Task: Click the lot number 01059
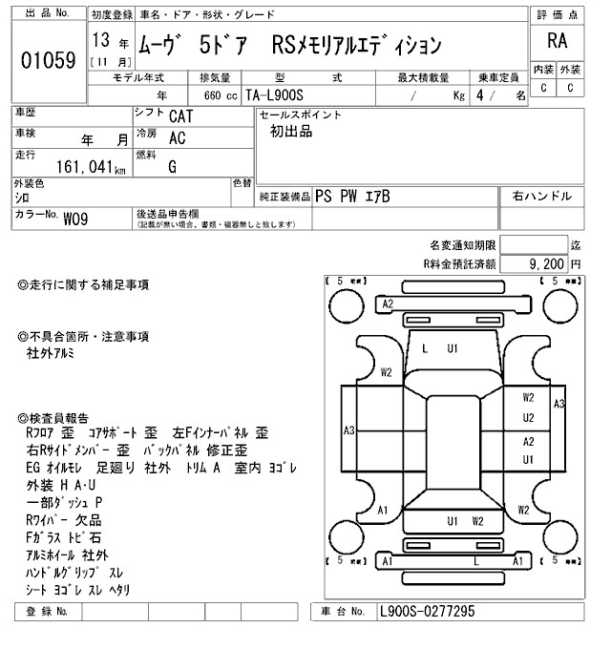point(48,60)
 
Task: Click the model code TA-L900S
point(277,94)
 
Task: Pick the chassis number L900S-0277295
point(426,611)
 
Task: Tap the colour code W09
point(76,219)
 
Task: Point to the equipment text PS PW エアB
point(353,196)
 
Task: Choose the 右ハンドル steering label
point(542,196)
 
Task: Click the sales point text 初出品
point(290,132)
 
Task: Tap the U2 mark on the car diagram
point(528,417)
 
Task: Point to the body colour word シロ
point(21,197)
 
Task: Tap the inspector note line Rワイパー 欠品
point(64,519)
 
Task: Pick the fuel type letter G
point(172,165)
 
